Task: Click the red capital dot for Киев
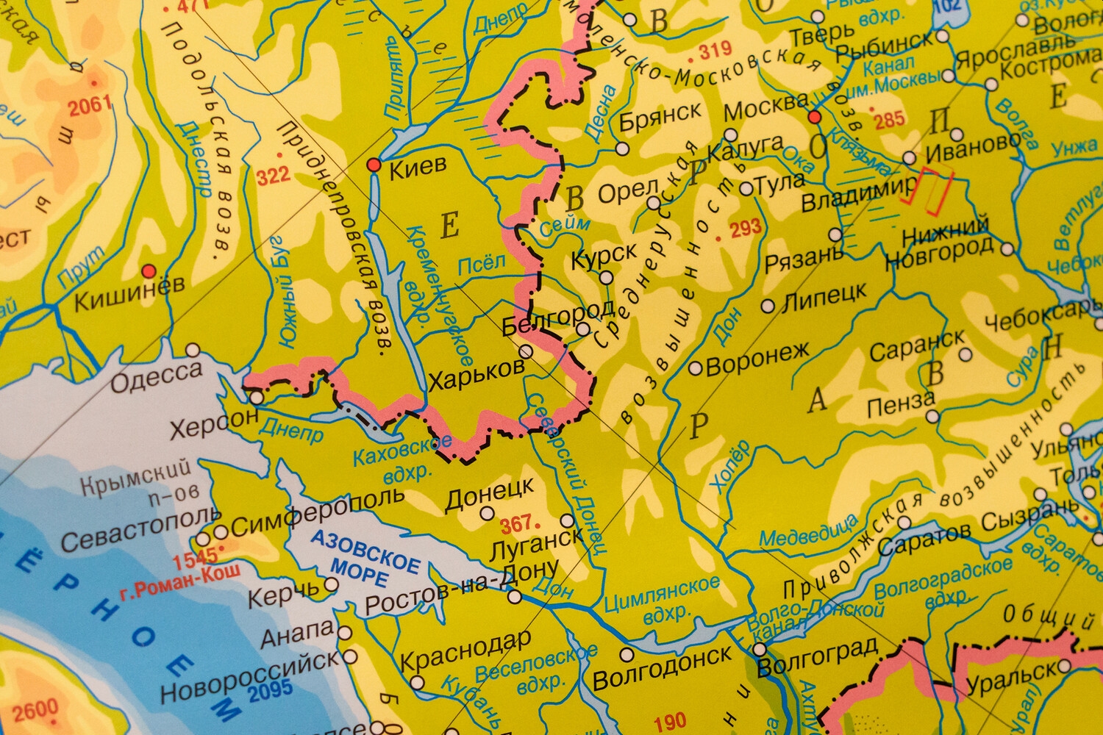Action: [374, 165]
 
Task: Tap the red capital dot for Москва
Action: [814, 117]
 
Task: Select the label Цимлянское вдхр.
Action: [660, 596]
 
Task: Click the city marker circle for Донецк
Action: [487, 513]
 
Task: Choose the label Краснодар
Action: [465, 650]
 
